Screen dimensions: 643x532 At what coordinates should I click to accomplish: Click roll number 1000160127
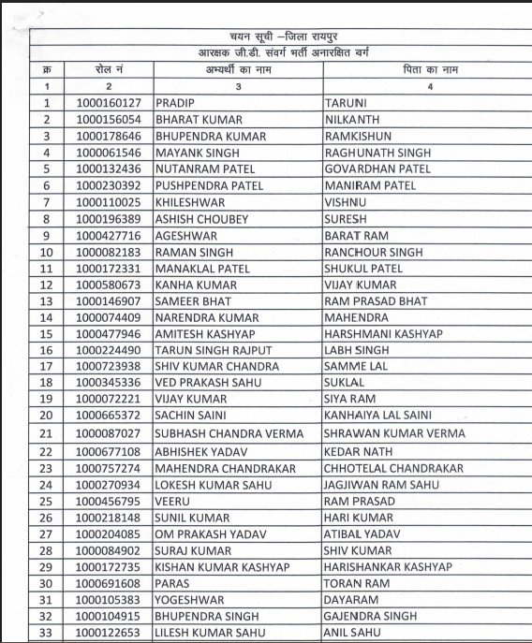tap(108, 104)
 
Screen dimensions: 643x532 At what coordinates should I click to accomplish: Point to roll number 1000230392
tap(108, 185)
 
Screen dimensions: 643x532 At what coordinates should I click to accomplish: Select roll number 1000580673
tap(108, 285)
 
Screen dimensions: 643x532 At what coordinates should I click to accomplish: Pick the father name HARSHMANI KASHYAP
tap(384, 334)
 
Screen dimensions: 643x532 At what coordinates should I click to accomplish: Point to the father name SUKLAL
tap(345, 383)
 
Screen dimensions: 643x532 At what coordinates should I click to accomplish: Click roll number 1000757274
tap(108, 467)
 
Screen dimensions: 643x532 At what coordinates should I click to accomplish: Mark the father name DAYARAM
tap(351, 599)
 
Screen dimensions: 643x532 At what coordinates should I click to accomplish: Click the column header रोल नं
tap(108, 70)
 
